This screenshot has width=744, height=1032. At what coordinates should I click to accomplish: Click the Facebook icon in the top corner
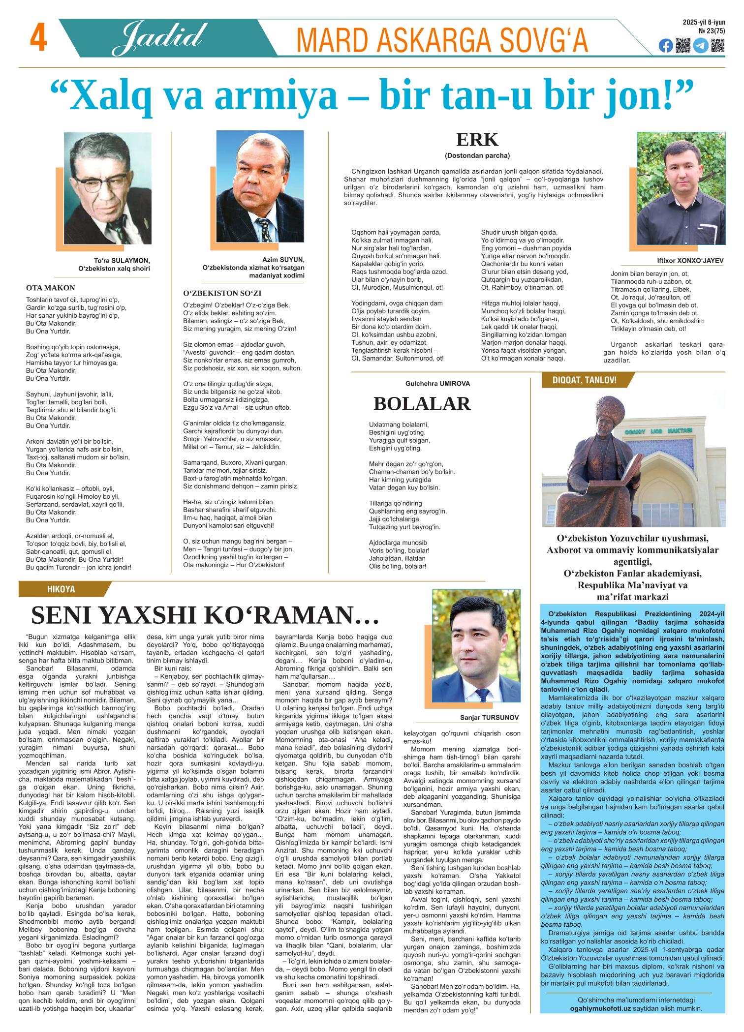[x=665, y=46]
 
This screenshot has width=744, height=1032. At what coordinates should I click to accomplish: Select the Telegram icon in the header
[x=701, y=46]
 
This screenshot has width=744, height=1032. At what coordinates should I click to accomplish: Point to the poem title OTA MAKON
[x=50, y=288]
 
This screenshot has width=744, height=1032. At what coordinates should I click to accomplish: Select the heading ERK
[x=477, y=140]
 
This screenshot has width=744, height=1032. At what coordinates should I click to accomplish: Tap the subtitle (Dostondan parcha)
[x=477, y=155]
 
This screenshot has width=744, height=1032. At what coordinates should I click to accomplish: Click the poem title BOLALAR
[x=422, y=403]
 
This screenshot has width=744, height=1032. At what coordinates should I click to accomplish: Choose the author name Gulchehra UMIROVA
[x=437, y=383]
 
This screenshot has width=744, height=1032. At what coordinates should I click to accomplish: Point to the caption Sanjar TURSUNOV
[x=489, y=718]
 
